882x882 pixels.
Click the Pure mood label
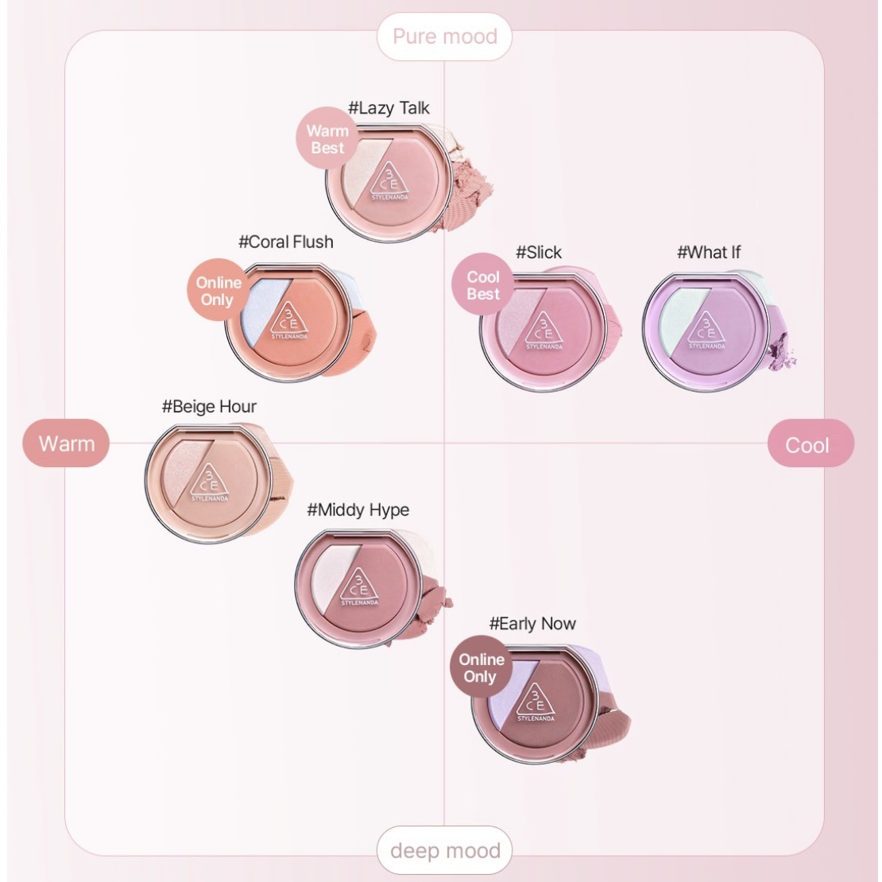point(444,37)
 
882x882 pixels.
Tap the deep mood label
point(444,851)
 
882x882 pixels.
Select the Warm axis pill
point(66,443)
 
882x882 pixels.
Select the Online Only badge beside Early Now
point(481,668)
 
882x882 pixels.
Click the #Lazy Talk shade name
point(389,108)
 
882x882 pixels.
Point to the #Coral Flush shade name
point(286,242)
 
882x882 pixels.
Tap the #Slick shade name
point(539,253)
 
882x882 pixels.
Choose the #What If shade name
point(709,253)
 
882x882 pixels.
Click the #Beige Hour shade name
point(209,407)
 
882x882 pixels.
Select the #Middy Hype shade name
point(358,510)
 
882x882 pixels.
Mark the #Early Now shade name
point(532,624)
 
